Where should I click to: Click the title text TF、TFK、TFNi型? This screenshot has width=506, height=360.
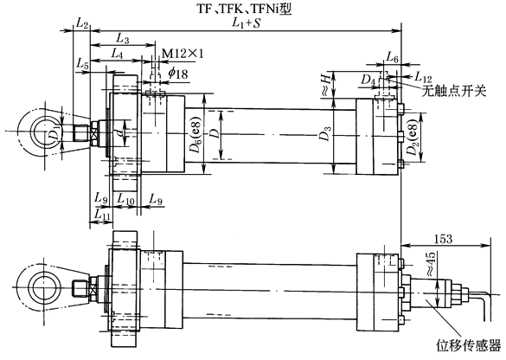[245, 9]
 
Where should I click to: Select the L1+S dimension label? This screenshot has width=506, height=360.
[246, 23]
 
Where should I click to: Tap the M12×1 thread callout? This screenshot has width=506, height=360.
[183, 54]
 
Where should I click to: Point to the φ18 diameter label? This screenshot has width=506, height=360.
[178, 74]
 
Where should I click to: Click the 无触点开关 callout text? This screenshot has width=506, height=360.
[454, 92]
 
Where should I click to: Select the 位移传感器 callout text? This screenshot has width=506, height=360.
[469, 344]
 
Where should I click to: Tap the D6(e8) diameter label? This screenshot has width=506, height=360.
[195, 134]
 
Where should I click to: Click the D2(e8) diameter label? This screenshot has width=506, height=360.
[413, 138]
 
